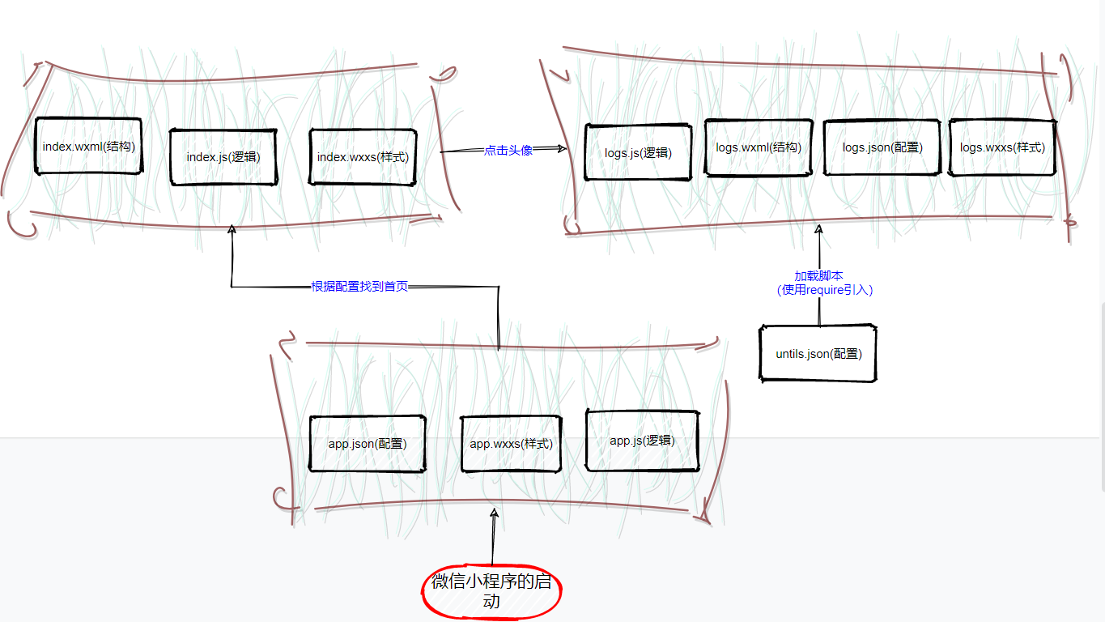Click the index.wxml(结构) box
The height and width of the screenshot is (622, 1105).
coord(88,146)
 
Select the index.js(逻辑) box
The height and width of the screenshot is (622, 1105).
coord(223,156)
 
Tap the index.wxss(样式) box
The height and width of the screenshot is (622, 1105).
coord(363,156)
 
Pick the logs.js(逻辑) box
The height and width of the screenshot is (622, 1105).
coord(637,152)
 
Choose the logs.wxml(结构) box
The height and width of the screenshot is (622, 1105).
coord(758,147)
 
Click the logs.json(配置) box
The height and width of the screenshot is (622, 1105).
coord(882,147)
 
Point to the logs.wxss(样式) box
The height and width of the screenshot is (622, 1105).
coord(1002,147)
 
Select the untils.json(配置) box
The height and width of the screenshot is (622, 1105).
coord(818,353)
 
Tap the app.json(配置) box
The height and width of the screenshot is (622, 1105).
coord(367,443)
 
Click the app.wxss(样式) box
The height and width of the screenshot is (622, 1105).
coord(511,444)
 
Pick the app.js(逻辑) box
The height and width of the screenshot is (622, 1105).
coord(641,441)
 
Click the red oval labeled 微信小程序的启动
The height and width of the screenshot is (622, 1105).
coord(491,591)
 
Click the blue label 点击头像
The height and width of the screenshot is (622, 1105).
coord(508,150)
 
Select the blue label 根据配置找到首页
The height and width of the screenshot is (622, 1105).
coord(359,287)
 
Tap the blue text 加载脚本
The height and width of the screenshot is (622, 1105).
coord(818,275)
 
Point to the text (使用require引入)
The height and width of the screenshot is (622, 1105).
coord(824,289)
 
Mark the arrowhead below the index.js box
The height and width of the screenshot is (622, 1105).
coord(232,230)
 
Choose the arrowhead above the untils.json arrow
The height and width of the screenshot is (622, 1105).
coord(818,232)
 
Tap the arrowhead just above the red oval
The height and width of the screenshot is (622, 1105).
coord(493,513)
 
